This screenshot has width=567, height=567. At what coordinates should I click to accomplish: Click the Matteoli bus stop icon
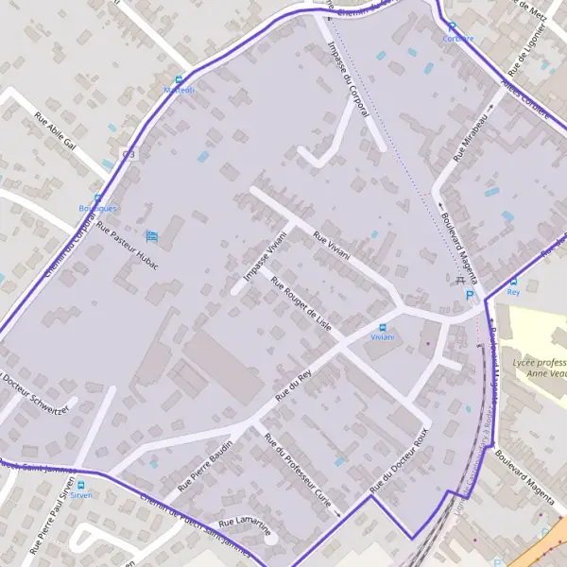[179, 80]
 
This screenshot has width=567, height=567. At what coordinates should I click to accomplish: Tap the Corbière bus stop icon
[452, 26]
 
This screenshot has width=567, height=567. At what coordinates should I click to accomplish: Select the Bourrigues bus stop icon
[97, 198]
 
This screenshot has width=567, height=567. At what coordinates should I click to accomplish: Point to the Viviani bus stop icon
[382, 327]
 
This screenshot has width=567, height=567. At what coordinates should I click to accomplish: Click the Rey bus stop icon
[513, 282]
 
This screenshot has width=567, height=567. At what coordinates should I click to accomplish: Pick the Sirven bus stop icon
[81, 484]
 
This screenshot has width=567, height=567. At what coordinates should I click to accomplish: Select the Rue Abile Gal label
[54, 132]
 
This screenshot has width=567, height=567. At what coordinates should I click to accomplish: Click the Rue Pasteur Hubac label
[128, 246]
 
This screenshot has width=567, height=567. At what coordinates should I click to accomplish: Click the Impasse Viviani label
[265, 255]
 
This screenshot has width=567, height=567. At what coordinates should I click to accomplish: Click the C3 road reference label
[129, 154]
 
